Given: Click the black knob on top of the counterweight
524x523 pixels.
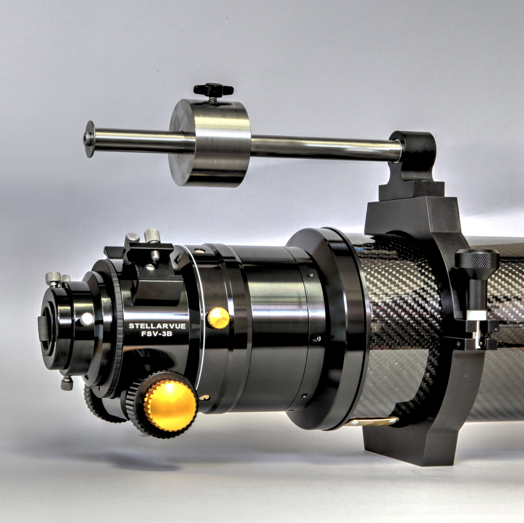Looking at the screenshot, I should (214, 90).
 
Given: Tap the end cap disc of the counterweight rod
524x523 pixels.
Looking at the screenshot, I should (90, 139).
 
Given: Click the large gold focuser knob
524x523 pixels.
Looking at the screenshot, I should (170, 405).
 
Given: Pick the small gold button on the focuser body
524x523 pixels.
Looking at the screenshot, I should (218, 318).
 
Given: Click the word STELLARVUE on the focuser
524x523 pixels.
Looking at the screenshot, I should (157, 326).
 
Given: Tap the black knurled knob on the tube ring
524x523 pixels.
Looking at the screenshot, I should (477, 261).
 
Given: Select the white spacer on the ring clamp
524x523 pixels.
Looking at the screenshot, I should (476, 315).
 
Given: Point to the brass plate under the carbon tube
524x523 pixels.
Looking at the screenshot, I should (376, 422).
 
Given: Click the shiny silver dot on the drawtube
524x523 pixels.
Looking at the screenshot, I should (87, 319).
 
